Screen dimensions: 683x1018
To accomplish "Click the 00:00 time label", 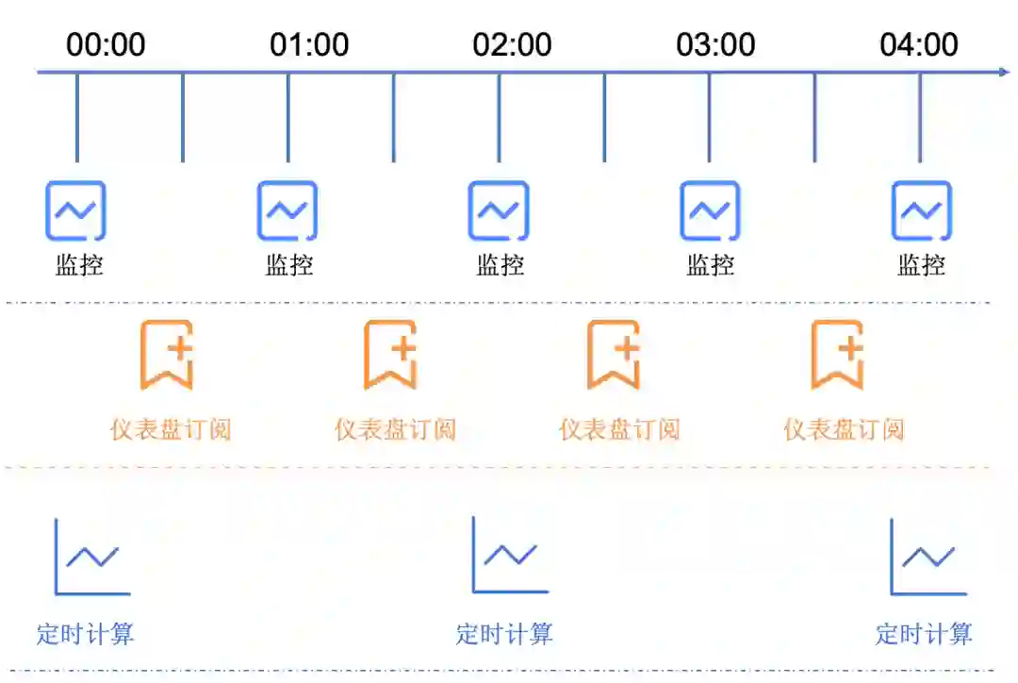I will click(x=106, y=44).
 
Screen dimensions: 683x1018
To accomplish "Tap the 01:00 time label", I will click(x=309, y=44).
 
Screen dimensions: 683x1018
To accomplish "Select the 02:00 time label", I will click(x=513, y=44).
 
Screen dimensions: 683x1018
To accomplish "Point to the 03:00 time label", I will click(x=716, y=44).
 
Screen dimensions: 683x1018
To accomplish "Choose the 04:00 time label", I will click(x=919, y=44).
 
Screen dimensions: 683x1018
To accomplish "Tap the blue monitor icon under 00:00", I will click(x=76, y=210).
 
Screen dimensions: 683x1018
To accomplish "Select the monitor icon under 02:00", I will click(x=499, y=210).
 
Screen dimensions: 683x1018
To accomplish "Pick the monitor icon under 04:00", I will click(x=922, y=210).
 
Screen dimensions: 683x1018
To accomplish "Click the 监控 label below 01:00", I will click(x=288, y=265).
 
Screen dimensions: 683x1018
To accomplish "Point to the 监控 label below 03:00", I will click(x=710, y=265).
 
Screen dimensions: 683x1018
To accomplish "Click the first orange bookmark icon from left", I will click(x=168, y=355).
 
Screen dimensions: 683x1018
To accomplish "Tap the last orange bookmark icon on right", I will click(x=838, y=355).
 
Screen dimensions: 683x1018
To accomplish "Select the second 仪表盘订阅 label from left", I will click(x=395, y=430).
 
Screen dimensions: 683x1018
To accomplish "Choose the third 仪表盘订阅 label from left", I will click(x=619, y=430).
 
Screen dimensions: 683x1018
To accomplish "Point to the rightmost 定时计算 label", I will click(x=924, y=634).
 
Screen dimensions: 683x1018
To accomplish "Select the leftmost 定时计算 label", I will click(x=86, y=634).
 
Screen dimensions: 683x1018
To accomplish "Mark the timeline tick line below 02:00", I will click(x=500, y=118).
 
